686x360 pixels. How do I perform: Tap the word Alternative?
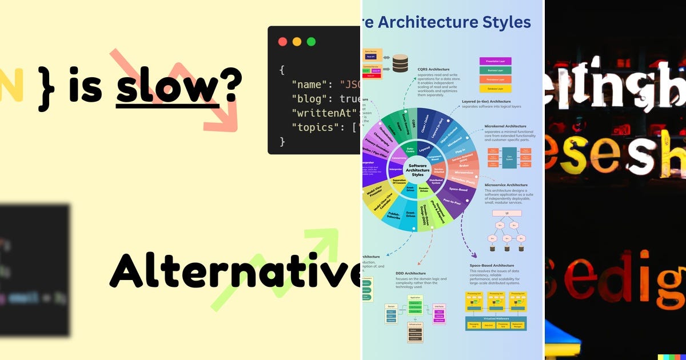click(x=235, y=270)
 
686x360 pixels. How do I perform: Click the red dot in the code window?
click(x=282, y=42)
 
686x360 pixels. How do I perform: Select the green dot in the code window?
click(x=311, y=42)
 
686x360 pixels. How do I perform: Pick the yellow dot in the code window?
click(x=297, y=42)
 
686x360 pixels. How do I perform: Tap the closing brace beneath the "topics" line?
click(x=282, y=141)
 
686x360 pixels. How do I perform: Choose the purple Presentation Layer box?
click(x=495, y=61)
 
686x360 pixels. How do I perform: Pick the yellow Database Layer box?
click(x=495, y=89)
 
